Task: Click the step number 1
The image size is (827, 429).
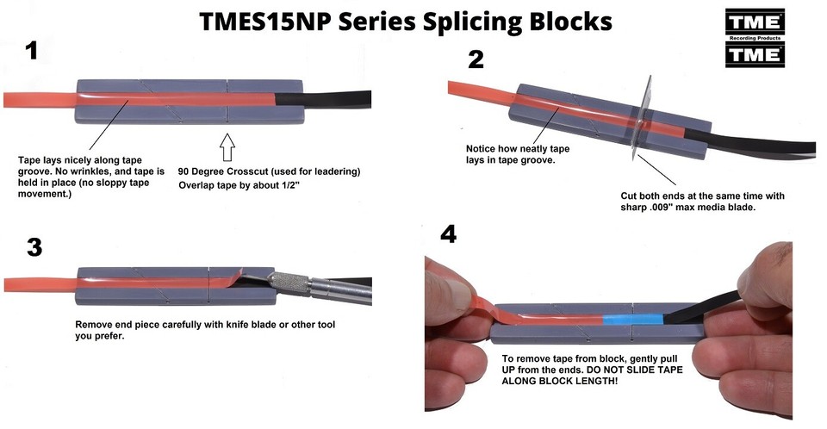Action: point(31,51)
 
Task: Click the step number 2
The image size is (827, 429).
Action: point(476,59)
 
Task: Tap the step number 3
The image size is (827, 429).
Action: point(34,247)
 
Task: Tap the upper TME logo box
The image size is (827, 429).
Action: point(755,24)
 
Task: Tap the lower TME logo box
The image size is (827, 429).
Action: point(755,54)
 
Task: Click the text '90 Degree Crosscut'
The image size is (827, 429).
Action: point(229,171)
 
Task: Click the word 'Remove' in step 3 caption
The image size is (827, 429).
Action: point(97,325)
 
